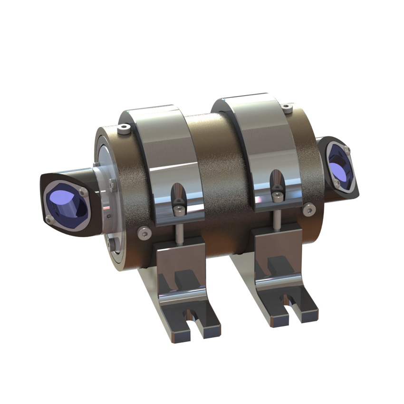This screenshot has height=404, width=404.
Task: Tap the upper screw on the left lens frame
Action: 84,192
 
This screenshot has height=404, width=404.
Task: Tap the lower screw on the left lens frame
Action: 48,219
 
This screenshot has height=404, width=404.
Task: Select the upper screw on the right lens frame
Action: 346,150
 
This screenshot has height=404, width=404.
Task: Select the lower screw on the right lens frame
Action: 337,183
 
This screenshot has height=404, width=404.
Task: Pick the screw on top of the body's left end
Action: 125,128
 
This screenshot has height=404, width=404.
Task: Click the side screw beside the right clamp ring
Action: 309,208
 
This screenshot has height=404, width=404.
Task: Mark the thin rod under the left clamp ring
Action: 180,232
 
